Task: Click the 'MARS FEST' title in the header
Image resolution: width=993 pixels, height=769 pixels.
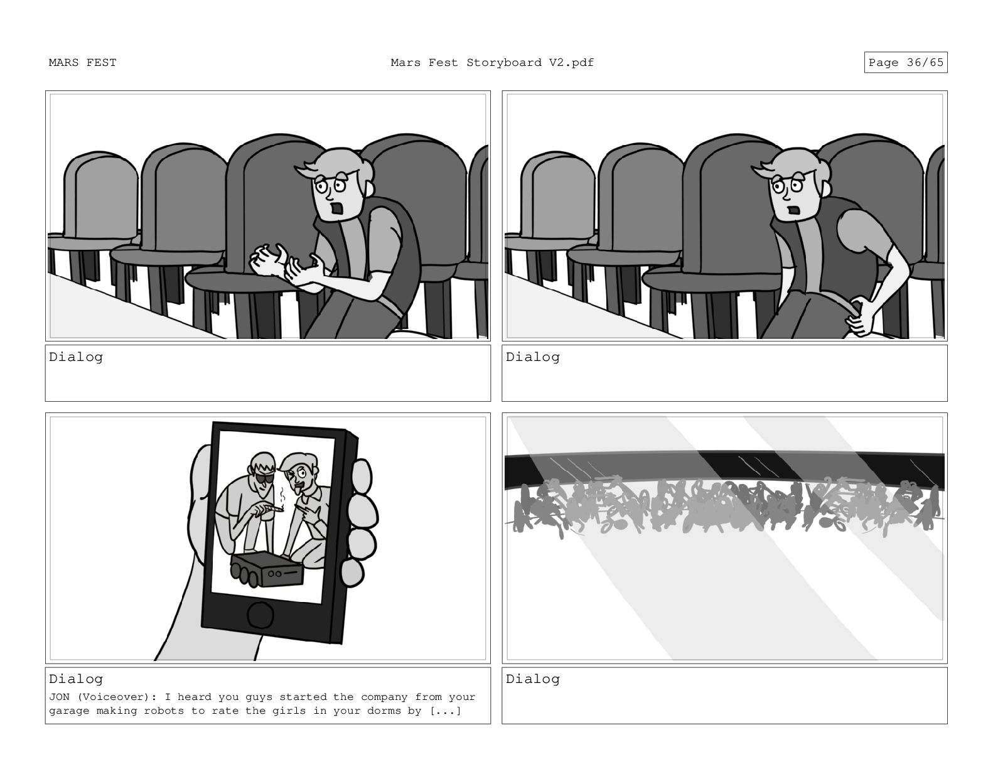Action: coord(82,63)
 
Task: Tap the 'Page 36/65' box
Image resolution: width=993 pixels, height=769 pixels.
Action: coord(905,62)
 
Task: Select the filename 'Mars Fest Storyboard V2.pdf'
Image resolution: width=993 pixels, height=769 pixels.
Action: coord(491,63)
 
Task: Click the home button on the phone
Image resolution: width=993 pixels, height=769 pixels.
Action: coord(260,615)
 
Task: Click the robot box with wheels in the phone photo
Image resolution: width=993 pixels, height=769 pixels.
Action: coord(267,569)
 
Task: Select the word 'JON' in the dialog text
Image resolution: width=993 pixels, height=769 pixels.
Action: coord(59,697)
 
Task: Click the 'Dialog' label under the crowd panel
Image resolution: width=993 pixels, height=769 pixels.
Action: coord(532,679)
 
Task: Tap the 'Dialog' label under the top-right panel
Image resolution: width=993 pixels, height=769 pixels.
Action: coord(532,357)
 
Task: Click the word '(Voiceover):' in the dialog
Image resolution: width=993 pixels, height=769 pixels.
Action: coord(117,697)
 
